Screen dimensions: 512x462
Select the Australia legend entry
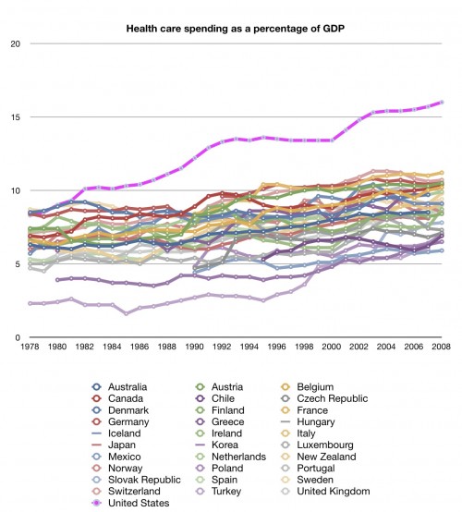(119, 385)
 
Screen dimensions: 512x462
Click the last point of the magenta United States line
(443, 102)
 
